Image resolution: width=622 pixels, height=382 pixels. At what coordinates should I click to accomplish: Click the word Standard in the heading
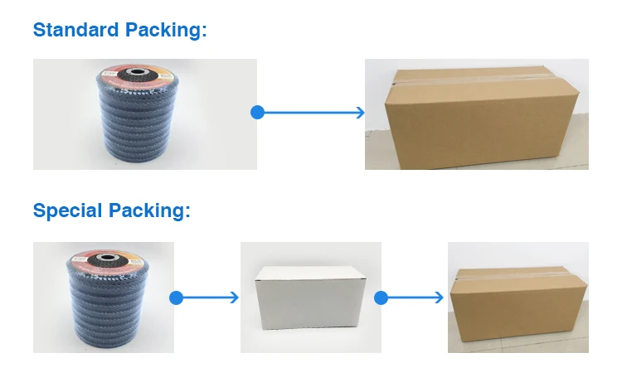pyautogui.click(x=75, y=31)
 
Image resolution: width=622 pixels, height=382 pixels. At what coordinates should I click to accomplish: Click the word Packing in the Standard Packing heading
pyautogui.click(x=163, y=31)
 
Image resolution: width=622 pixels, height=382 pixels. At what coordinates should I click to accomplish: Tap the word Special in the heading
pyautogui.click(x=68, y=210)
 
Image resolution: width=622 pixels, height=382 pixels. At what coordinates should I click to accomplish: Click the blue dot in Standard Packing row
pyautogui.click(x=257, y=112)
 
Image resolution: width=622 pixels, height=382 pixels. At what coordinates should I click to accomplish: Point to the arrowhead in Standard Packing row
pyautogui.click(x=360, y=112)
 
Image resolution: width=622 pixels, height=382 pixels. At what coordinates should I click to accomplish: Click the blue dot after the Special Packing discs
pyautogui.click(x=176, y=297)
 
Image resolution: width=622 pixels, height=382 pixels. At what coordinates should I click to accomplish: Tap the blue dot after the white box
pyautogui.click(x=381, y=297)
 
